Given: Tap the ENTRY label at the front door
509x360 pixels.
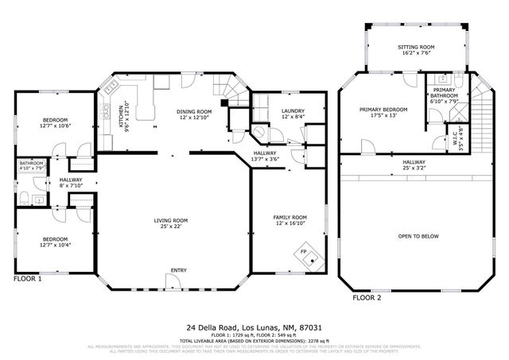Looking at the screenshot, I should click(179, 271).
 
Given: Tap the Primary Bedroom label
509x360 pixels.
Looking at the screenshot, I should click(383, 109).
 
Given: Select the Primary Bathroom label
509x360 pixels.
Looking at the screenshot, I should click(445, 93).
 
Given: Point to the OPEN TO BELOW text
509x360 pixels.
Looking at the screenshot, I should click(418, 236).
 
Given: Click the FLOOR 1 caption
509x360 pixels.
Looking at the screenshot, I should click(28, 279).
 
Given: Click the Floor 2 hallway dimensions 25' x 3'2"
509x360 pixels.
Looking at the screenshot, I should click(418, 168).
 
